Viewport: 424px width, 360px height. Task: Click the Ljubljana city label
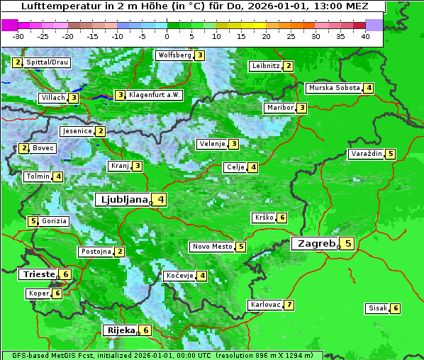122,199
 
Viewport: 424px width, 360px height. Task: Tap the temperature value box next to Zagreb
347,244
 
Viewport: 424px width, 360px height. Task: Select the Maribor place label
279,108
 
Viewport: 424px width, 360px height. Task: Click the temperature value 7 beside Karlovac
289,305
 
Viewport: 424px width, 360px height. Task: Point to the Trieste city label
38,274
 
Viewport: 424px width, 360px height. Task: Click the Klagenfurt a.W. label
155,95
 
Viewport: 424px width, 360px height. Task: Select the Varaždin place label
367,154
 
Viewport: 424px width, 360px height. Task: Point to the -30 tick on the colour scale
18,36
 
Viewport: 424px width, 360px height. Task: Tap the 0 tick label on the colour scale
167,36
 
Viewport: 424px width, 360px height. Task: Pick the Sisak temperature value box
396,308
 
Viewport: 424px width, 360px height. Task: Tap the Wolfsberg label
174,55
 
